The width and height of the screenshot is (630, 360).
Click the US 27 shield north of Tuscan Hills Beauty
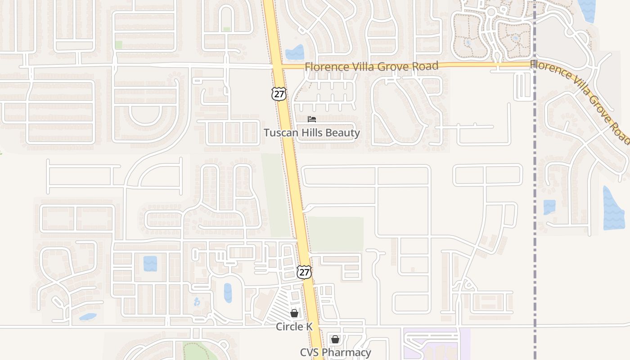pyautogui.click(x=279, y=94)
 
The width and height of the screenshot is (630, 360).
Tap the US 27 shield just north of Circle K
pyautogui.click(x=304, y=272)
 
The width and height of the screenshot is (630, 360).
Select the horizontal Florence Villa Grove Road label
pyautogui.click(x=371, y=67)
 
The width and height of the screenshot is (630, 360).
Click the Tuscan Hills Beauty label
pyautogui.click(x=312, y=133)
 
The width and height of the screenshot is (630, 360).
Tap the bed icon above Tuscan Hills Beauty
pyautogui.click(x=311, y=119)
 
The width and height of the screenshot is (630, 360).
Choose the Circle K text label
pyautogui.click(x=294, y=327)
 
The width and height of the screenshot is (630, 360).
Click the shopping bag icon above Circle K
pyautogui.click(x=294, y=313)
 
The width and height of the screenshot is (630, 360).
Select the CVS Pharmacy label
pyautogui.click(x=336, y=352)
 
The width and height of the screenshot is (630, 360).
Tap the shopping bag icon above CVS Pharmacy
pyautogui.click(x=335, y=339)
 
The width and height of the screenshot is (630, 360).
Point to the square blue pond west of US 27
pyautogui.click(x=150, y=263)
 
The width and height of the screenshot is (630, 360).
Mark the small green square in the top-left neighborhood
pyautogui.click(x=118, y=45)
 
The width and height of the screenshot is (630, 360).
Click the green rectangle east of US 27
pyautogui.click(x=336, y=234)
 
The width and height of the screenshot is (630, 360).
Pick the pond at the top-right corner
pyautogui.click(x=587, y=10)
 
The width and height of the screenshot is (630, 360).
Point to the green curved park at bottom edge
pyautogui.click(x=198, y=351)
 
